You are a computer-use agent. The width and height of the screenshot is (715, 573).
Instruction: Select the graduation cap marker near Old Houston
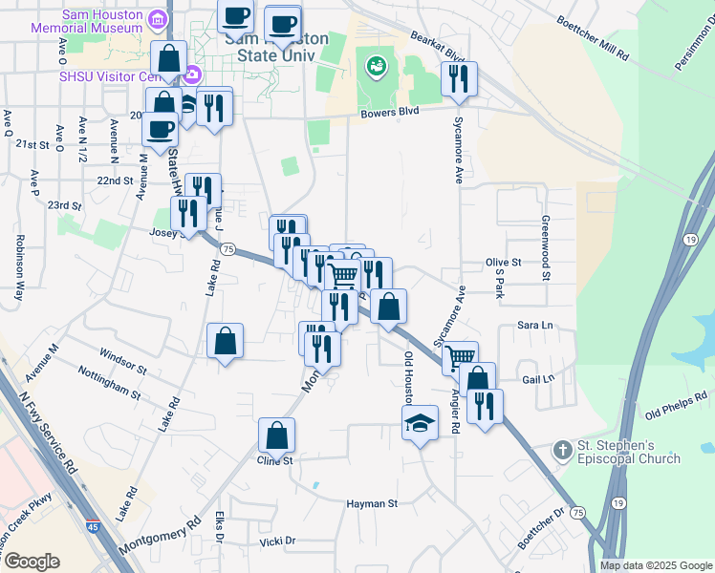(x=420, y=422)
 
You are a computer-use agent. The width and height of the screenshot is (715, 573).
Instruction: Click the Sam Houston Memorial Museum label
(x=101, y=22)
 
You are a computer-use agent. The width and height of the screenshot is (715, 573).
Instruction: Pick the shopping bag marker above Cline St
(x=276, y=435)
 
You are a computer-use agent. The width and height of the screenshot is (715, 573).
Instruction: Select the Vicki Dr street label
(x=277, y=541)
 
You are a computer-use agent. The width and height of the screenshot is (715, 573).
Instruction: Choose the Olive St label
(x=503, y=262)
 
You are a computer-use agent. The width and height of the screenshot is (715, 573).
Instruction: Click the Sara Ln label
(x=535, y=326)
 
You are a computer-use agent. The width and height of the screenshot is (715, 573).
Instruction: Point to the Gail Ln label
(x=538, y=379)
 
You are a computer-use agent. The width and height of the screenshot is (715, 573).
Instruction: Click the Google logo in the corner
(x=32, y=561)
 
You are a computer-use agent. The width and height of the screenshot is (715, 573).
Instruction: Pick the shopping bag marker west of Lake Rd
(x=225, y=340)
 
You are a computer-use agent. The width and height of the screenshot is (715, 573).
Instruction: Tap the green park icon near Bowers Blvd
(x=376, y=66)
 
